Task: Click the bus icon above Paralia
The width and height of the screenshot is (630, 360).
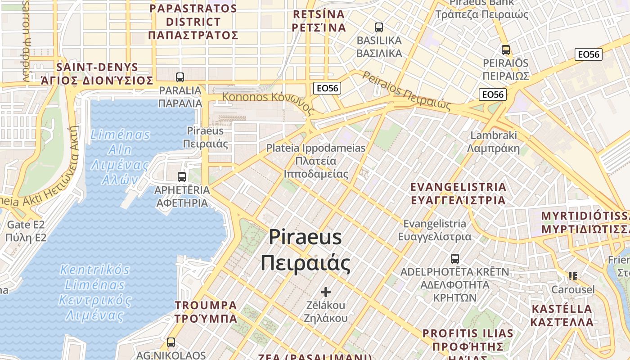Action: click(x=180, y=77)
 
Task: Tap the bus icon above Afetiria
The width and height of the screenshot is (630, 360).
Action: click(x=182, y=176)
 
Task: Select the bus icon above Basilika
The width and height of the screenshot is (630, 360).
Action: click(x=379, y=27)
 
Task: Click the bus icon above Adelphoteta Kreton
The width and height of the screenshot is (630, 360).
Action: click(x=455, y=259)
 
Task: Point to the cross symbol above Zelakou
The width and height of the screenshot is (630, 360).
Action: click(x=326, y=292)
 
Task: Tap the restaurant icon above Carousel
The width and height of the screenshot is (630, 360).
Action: click(x=573, y=276)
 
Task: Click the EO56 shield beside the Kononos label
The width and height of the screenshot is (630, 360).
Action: click(x=327, y=88)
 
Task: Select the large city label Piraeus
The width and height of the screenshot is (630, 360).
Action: click(x=306, y=250)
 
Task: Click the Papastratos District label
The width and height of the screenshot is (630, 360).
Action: click(x=193, y=22)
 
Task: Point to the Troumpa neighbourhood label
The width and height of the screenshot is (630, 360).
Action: click(x=206, y=311)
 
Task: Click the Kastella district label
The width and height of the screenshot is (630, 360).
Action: click(x=562, y=315)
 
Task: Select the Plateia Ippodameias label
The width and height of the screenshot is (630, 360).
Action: click(x=316, y=161)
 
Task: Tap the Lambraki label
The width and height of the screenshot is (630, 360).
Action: click(x=493, y=142)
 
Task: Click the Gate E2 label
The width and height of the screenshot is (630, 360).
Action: click(x=26, y=231)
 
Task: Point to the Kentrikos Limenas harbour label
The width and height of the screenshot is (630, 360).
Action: click(x=95, y=292)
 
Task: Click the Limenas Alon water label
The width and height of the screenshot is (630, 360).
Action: click(x=120, y=157)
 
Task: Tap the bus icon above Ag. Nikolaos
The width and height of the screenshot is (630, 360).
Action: click(x=171, y=342)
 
